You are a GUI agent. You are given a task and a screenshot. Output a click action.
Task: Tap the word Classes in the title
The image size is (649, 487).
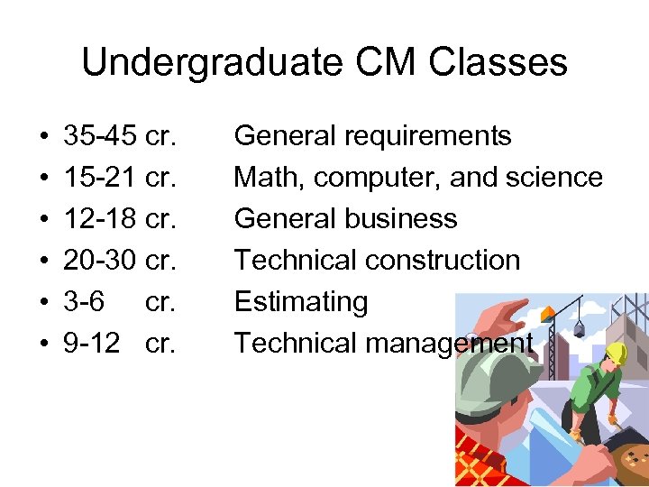click(x=498, y=62)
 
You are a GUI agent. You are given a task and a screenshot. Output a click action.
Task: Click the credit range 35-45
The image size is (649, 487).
click(x=100, y=136)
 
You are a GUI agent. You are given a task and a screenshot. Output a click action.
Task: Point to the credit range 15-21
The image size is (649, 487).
click(x=100, y=178)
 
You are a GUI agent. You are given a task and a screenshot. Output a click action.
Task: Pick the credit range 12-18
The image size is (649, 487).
click(x=100, y=219)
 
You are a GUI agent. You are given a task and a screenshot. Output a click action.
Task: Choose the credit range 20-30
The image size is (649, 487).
click(x=100, y=261)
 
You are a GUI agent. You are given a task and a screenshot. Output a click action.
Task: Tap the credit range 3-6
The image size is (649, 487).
click(x=83, y=302)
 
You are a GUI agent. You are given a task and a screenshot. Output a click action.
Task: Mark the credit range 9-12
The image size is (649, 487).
click(x=91, y=344)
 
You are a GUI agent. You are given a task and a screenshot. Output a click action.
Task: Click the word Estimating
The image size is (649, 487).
click(x=301, y=302)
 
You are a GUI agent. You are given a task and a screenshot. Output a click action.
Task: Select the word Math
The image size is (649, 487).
click(x=269, y=178)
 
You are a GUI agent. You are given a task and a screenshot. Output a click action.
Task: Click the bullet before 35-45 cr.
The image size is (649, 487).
click(x=45, y=137)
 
